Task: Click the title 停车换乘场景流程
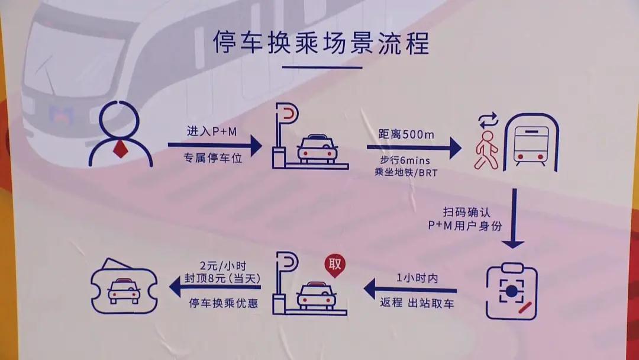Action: [x=321, y=43]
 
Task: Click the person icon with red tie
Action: [x=120, y=134]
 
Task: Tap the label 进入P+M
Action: [x=211, y=131]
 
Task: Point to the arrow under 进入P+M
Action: [x=214, y=145]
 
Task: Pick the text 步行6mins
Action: [x=406, y=160]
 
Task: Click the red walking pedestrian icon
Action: [x=487, y=149]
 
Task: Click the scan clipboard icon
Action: [x=511, y=291]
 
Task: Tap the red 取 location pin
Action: [x=335, y=265]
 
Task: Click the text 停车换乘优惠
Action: [x=223, y=303]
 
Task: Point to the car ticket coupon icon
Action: [x=124, y=288]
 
